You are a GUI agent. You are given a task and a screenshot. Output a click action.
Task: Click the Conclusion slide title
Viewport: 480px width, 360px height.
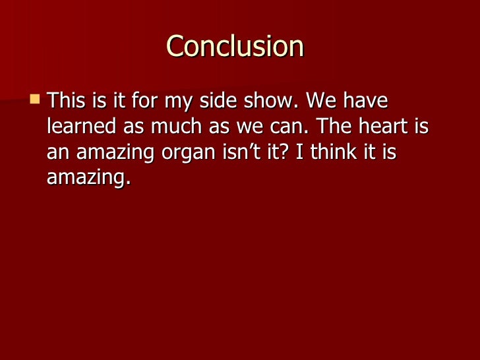pyautogui.click(x=235, y=47)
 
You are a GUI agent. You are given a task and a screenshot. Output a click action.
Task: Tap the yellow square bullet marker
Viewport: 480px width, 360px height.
pyautogui.click(x=35, y=100)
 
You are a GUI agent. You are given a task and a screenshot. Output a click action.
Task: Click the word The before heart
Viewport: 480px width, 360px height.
pyautogui.click(x=335, y=127)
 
